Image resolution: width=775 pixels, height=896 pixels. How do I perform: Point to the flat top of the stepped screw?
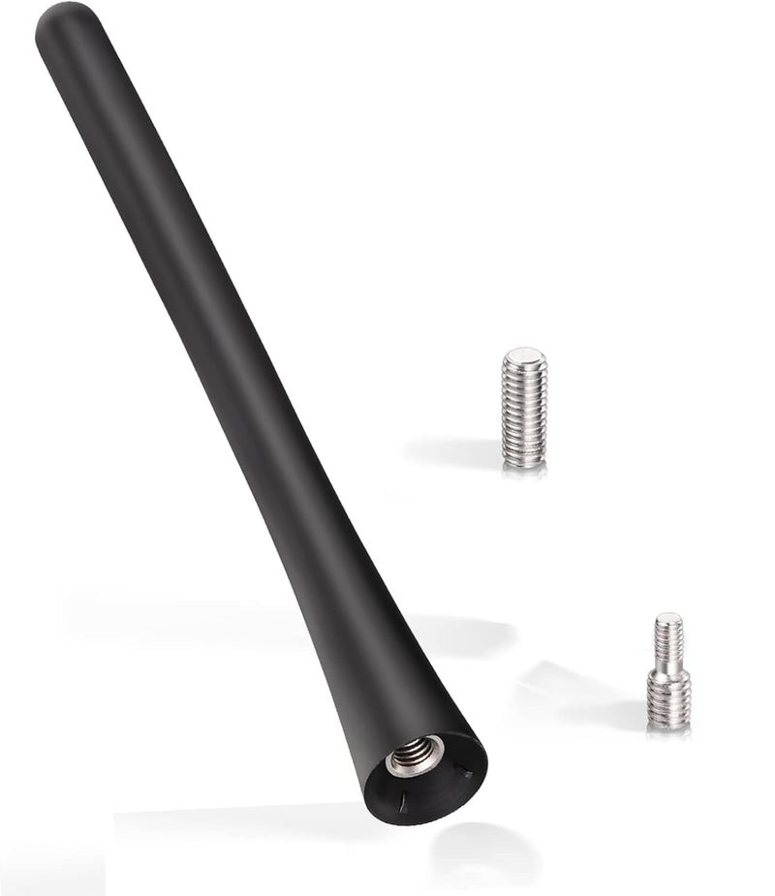click(x=668, y=617)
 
